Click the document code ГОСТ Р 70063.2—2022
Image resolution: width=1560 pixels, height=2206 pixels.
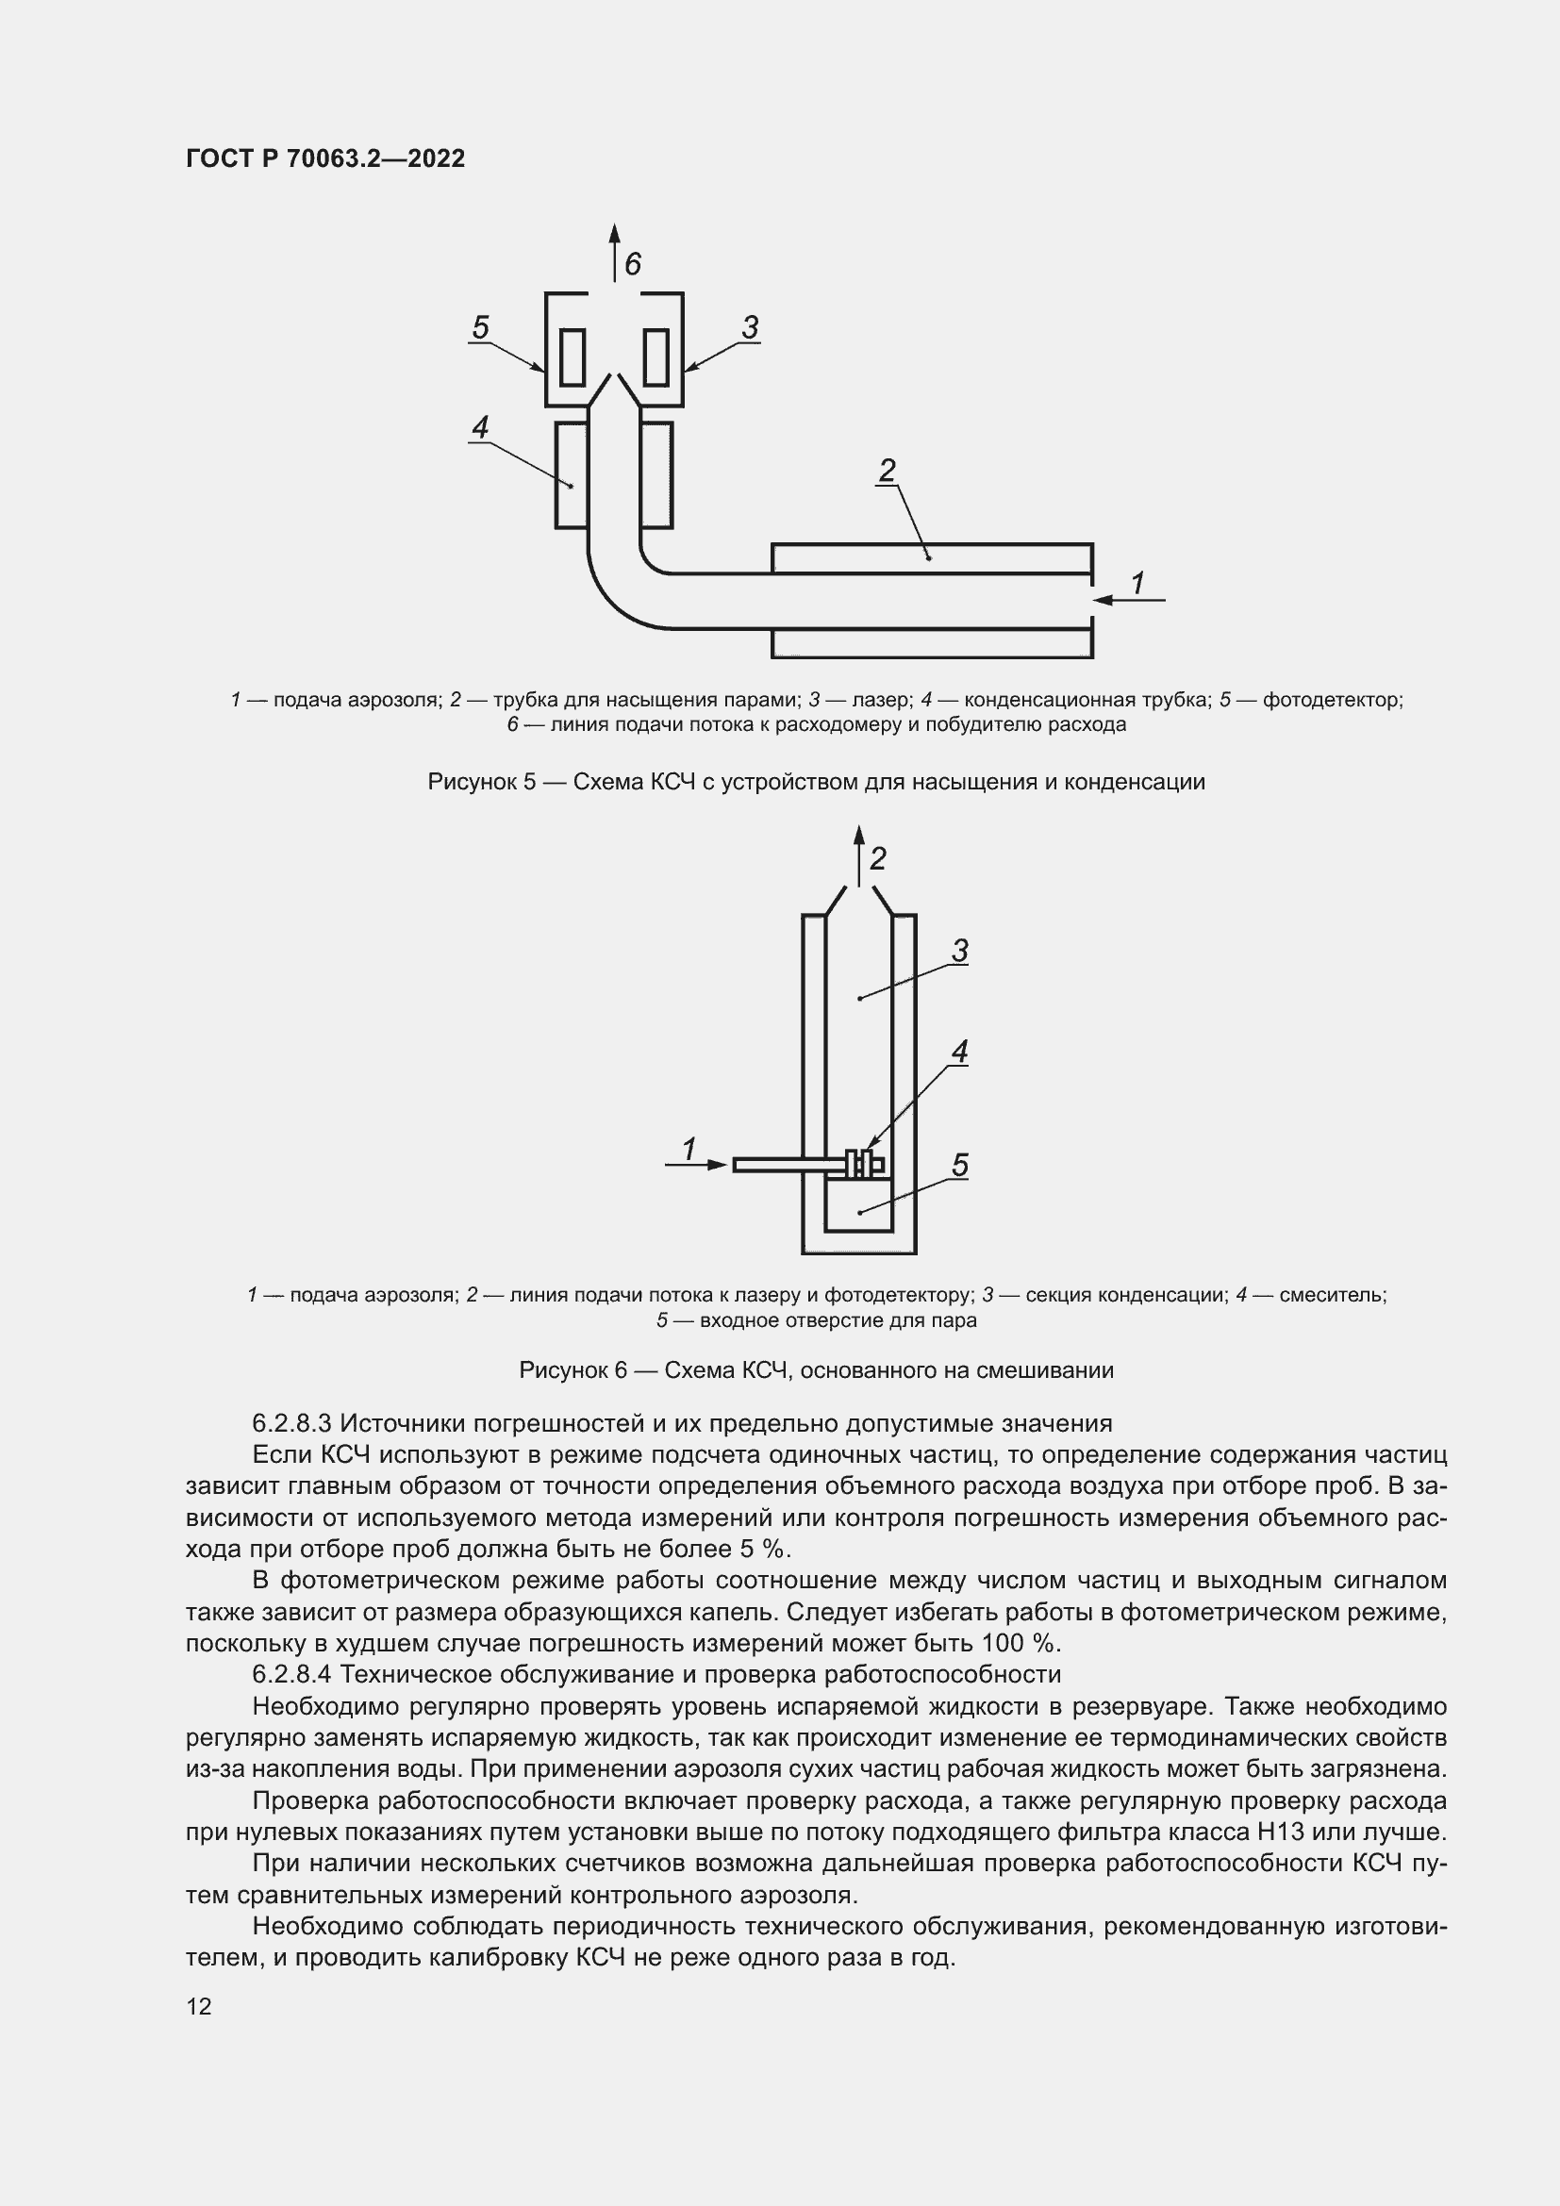(x=324, y=158)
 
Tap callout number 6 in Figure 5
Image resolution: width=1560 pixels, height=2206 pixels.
(x=632, y=263)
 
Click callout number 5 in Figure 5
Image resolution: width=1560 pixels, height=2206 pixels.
(x=480, y=327)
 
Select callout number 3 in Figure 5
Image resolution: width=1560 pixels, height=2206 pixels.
(x=750, y=327)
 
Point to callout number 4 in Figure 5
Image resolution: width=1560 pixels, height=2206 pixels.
(x=480, y=426)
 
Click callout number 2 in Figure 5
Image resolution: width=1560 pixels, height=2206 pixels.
(x=887, y=470)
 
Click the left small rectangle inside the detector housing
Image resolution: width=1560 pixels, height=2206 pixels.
(x=573, y=357)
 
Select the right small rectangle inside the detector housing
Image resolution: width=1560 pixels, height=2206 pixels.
(x=656, y=357)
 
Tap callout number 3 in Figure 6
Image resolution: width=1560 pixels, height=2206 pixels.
(x=959, y=952)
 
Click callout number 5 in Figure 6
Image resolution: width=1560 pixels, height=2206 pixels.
(x=959, y=1166)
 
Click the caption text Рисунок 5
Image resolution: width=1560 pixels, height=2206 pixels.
(x=480, y=782)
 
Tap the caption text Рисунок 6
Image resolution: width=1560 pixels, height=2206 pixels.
(x=573, y=1370)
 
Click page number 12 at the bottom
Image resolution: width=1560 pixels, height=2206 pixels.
(x=199, y=2006)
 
